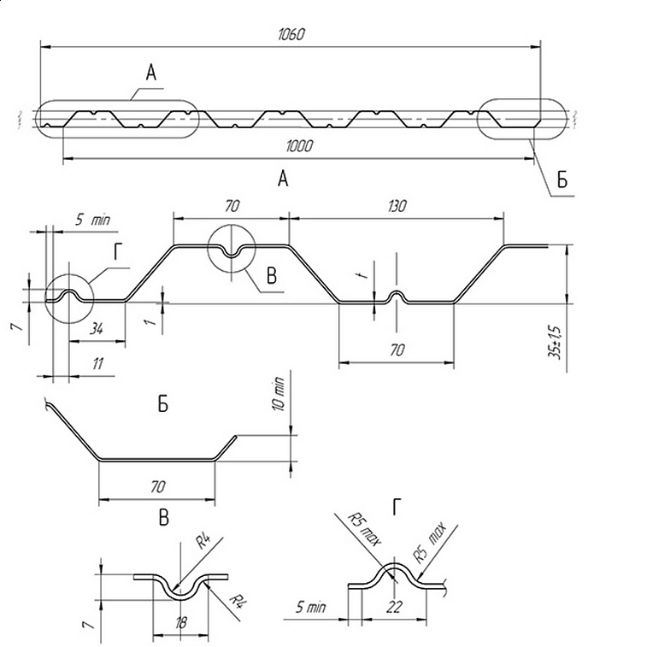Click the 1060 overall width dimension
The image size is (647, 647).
(x=291, y=34)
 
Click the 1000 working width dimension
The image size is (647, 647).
(x=299, y=145)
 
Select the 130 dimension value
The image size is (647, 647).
(x=397, y=206)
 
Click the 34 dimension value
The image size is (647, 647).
(x=96, y=329)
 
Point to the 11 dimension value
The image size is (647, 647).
(x=97, y=363)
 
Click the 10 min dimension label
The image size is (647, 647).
(x=279, y=394)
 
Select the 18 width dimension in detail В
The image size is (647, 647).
(x=180, y=622)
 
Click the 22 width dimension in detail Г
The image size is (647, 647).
(x=394, y=607)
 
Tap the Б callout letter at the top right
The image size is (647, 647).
(x=562, y=179)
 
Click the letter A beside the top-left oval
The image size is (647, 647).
(x=151, y=73)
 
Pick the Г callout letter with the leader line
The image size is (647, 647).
(x=119, y=251)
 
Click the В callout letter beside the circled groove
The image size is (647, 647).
(x=272, y=275)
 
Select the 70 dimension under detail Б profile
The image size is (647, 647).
(x=157, y=486)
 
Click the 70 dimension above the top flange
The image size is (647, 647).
(x=232, y=206)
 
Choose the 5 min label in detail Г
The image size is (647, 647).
(x=311, y=607)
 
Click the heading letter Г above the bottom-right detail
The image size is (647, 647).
(x=397, y=507)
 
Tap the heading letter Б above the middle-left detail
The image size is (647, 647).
(x=163, y=404)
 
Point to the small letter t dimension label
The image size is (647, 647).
(x=364, y=274)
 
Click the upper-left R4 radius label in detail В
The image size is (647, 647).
(x=203, y=541)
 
